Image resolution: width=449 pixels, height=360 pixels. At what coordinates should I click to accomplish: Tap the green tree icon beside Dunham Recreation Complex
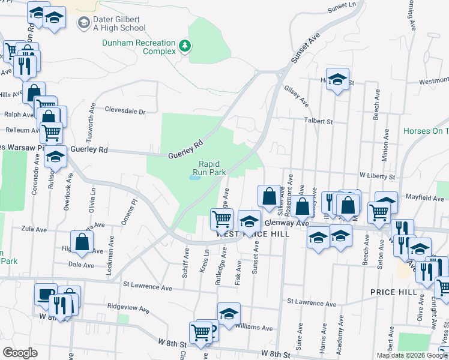186,45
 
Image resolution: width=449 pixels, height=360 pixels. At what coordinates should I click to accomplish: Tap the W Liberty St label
377,176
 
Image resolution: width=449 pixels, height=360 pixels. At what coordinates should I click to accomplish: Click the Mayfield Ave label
423,197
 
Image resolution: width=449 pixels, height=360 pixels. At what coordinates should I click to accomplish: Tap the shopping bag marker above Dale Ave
82,242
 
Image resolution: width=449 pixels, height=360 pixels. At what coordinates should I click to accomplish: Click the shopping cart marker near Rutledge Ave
221,219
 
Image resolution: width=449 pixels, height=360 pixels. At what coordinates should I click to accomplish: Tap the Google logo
20,353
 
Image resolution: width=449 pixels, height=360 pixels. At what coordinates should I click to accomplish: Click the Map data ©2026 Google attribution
411,355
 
